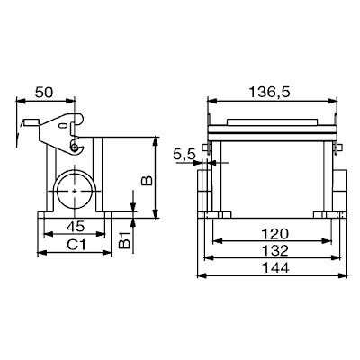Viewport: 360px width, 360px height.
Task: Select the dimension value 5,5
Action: [x=184, y=155]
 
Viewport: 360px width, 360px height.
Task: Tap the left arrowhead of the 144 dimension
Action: [x=204, y=277]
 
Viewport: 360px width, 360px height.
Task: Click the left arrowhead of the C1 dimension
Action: [x=36, y=255]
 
